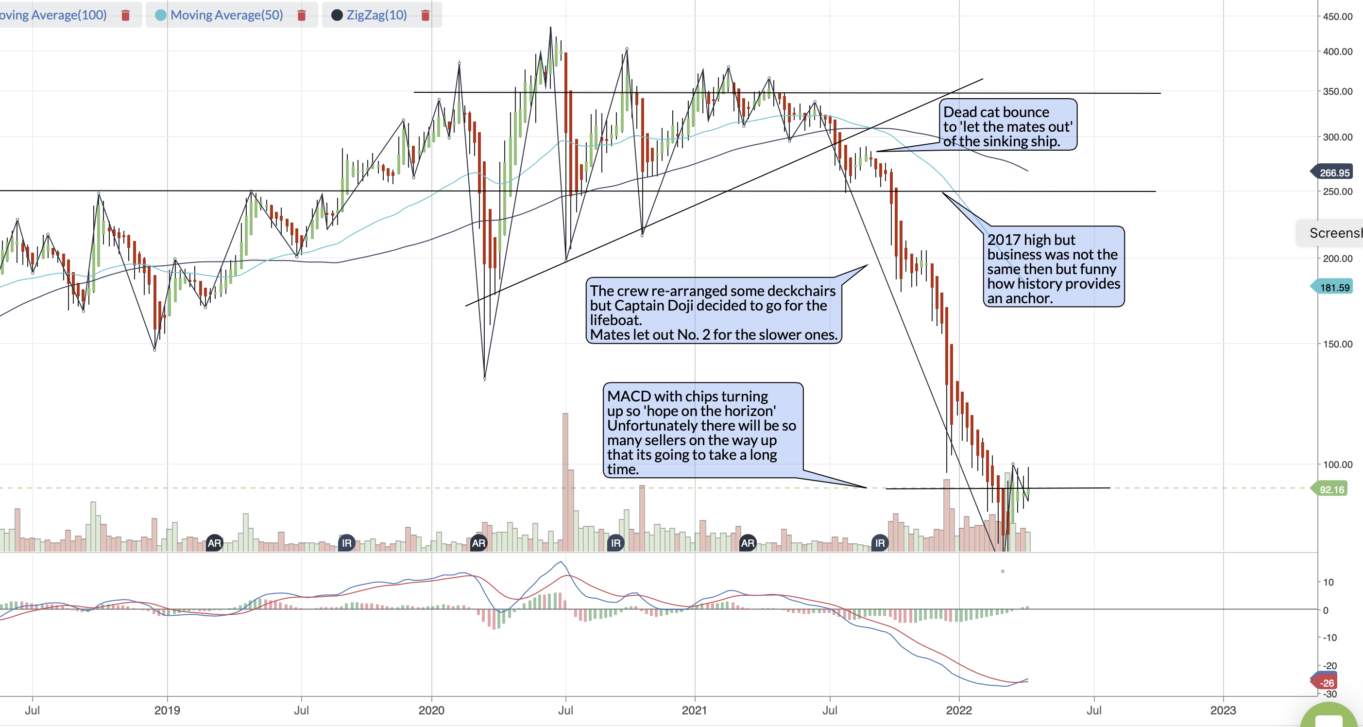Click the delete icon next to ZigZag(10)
pyautogui.click(x=425, y=16)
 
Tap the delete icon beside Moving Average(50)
pyautogui.click(x=302, y=16)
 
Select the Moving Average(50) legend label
pyautogui.click(x=226, y=15)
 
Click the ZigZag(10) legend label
pyautogui.click(x=377, y=15)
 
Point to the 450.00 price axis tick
pyautogui.click(x=1338, y=17)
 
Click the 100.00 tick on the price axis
pyautogui.click(x=1338, y=465)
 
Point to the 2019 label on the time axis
pyautogui.click(x=167, y=710)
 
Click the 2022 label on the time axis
pyautogui.click(x=959, y=710)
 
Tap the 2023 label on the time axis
pyautogui.click(x=1223, y=710)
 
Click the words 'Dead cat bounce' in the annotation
pyautogui.click(x=996, y=112)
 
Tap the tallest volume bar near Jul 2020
pyautogui.click(x=565, y=483)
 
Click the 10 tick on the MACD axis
pyautogui.click(x=1329, y=582)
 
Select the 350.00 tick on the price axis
pyautogui.click(x=1338, y=91)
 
